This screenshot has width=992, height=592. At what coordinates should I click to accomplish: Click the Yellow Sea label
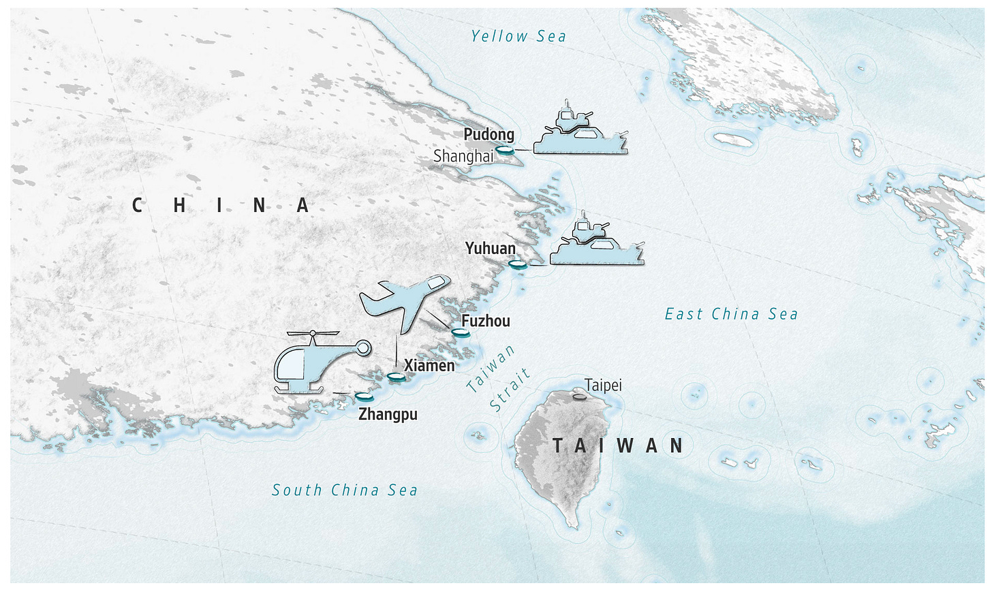(518, 36)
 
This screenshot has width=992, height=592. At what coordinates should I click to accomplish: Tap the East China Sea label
(731, 314)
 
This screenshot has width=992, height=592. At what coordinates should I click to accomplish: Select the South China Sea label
(345, 490)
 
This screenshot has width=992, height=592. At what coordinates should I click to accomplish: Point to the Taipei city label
(603, 385)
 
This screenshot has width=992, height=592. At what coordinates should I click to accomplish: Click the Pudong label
(489, 134)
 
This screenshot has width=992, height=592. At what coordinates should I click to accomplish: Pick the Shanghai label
(463, 156)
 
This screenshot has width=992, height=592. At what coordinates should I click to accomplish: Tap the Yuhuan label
(490, 248)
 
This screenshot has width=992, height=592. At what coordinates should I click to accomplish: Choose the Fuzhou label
(485, 321)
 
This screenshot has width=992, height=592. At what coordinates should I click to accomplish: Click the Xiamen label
(429, 365)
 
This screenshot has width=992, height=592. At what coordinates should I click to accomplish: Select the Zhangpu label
(388, 414)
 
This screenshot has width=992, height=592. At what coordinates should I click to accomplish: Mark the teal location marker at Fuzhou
(461, 332)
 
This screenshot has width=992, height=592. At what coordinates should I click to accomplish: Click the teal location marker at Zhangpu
(364, 396)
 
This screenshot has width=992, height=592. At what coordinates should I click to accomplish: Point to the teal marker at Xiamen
(396, 376)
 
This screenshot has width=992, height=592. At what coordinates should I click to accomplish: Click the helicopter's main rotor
(313, 334)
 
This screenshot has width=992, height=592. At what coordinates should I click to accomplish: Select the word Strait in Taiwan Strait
(510, 390)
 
